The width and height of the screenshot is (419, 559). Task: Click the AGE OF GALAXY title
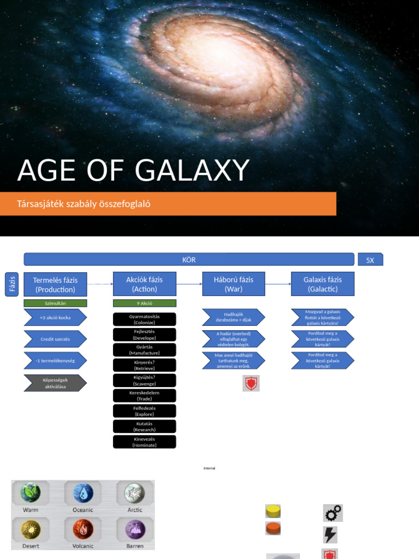(x=133, y=171)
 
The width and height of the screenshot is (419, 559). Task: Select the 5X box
(x=370, y=260)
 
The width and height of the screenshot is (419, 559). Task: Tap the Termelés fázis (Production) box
(x=55, y=284)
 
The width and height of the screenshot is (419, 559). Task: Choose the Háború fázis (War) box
(x=234, y=284)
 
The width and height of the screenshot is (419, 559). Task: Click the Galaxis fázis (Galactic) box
(x=322, y=284)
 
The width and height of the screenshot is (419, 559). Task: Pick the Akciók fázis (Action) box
(x=145, y=284)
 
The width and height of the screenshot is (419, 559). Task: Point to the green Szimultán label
(x=55, y=303)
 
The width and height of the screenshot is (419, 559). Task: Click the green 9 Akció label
(x=145, y=303)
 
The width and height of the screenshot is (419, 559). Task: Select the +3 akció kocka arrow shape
(x=55, y=317)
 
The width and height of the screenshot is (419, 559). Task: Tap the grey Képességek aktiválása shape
(x=55, y=383)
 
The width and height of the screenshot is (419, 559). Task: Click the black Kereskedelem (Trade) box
(x=145, y=396)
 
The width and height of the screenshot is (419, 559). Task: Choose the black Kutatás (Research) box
(x=145, y=426)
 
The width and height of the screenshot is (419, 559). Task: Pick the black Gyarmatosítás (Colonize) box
(x=145, y=319)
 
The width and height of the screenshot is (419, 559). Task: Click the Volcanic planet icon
(x=83, y=528)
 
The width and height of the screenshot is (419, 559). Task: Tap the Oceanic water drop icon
(x=83, y=492)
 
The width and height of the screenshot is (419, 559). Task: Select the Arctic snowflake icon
(x=134, y=492)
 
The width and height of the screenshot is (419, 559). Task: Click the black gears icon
(x=333, y=513)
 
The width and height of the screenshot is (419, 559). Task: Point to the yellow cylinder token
(x=273, y=511)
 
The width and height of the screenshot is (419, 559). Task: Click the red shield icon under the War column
(x=251, y=384)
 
